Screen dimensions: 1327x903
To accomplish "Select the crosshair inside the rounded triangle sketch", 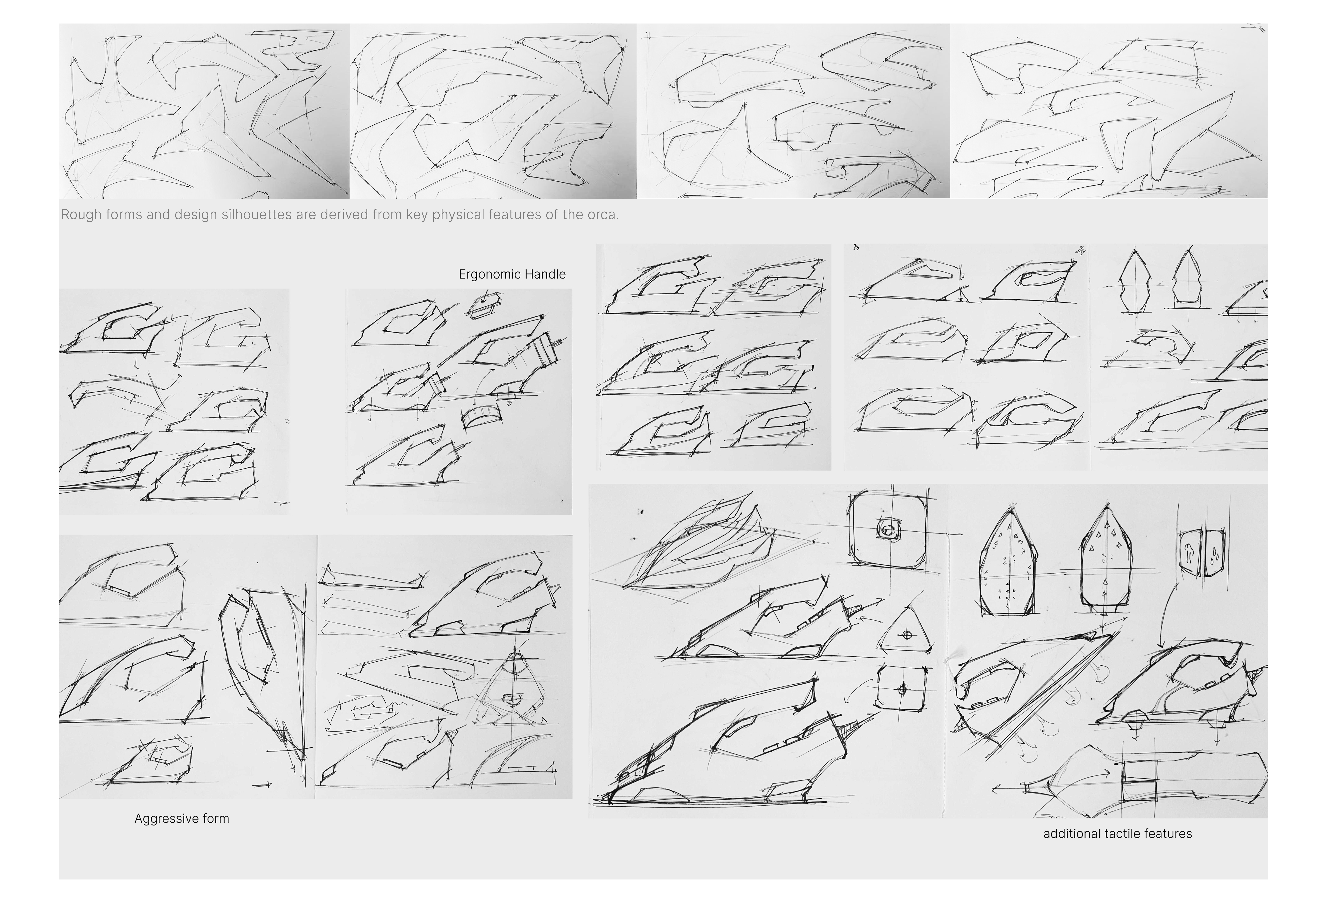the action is tap(906, 635).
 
